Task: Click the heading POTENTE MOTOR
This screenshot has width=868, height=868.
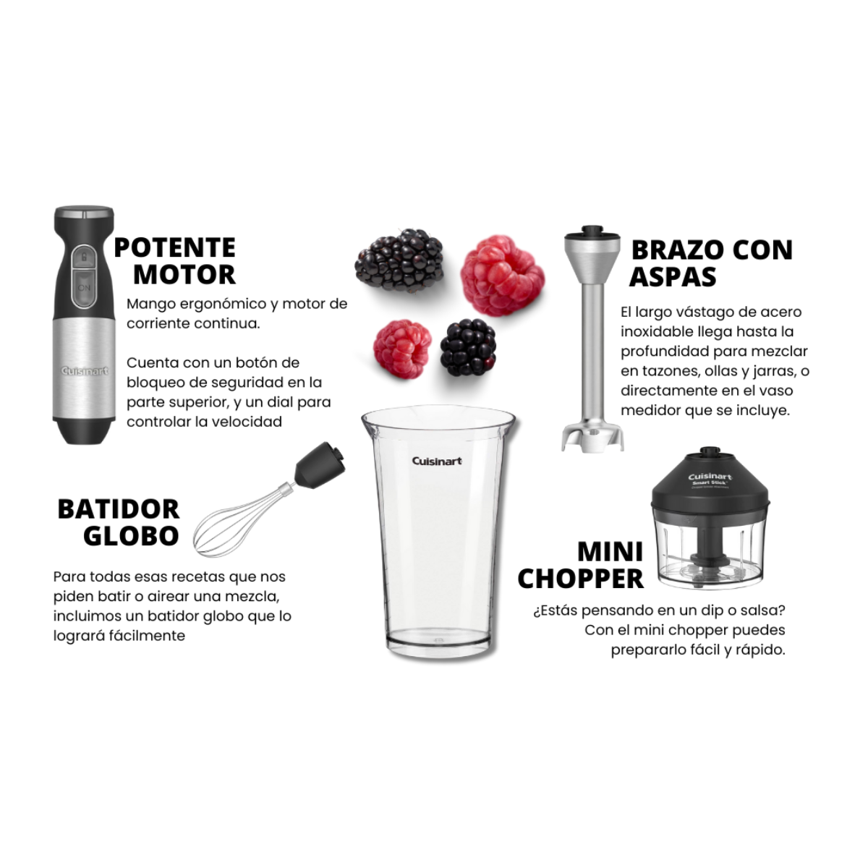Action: coord(175,261)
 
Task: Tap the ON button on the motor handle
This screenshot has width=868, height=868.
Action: coord(85,287)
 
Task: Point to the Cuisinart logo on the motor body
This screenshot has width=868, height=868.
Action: coord(85,371)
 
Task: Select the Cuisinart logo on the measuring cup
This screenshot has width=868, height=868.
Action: coord(437,461)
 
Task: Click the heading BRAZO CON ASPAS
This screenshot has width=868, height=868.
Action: coord(711,263)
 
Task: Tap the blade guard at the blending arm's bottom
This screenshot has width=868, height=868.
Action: coord(592,435)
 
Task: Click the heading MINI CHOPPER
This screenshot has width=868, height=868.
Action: coord(581,565)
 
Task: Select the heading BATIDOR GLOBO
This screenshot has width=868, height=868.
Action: coord(119,522)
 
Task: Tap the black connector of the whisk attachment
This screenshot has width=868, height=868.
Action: coord(319,464)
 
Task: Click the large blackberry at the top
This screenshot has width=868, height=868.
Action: coord(400,258)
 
